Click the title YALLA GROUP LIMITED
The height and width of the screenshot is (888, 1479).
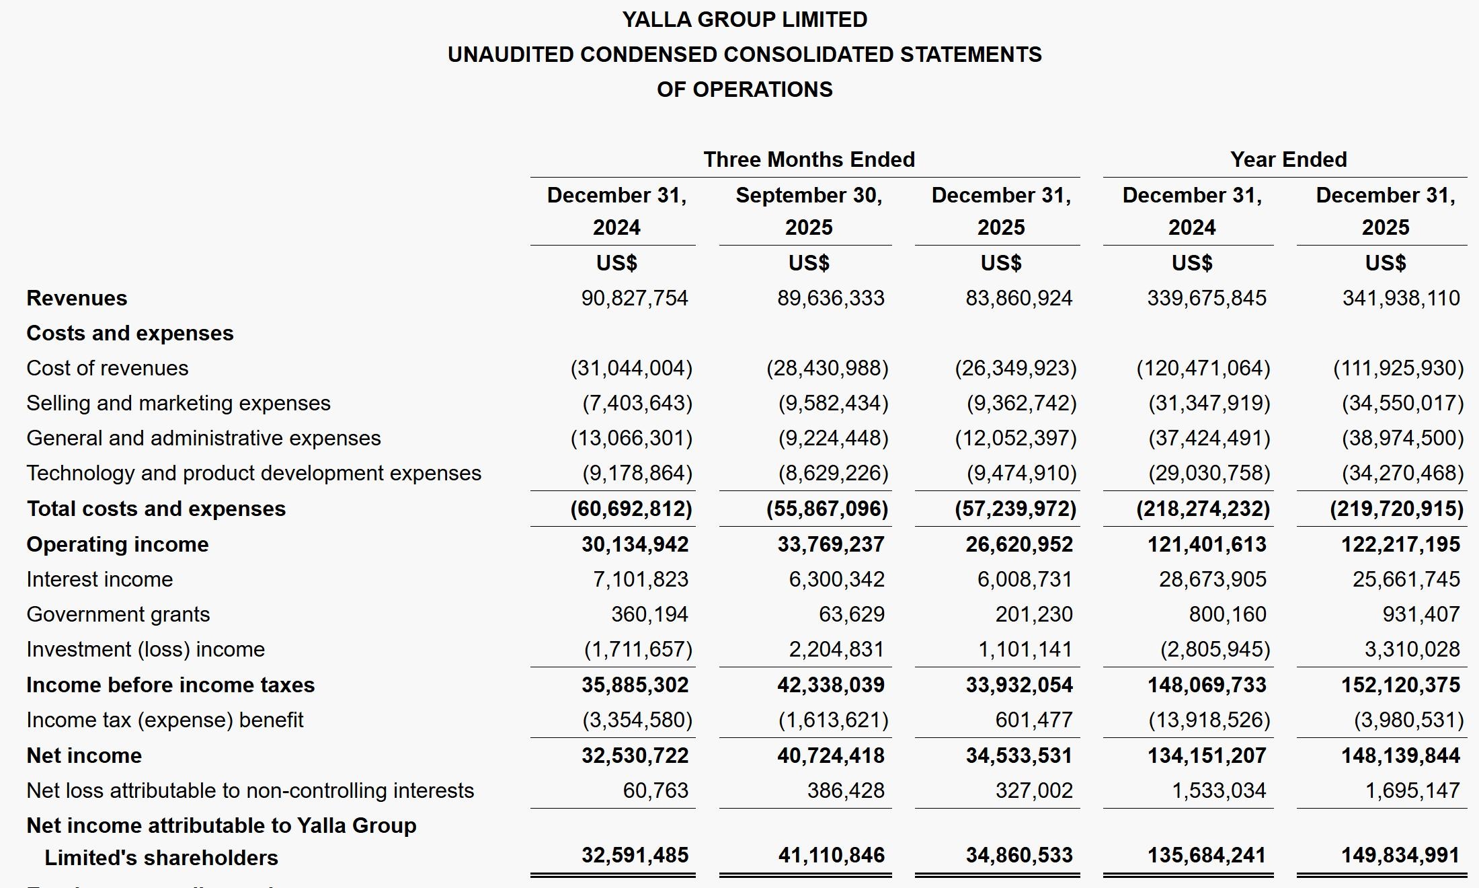coord(744,20)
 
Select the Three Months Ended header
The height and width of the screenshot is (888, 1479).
coord(809,159)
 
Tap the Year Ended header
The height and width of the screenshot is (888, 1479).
coord(1288,159)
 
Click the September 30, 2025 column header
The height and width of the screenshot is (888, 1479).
coord(809,211)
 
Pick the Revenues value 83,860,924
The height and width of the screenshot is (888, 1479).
coord(1018,298)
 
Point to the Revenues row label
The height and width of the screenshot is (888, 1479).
coord(77,298)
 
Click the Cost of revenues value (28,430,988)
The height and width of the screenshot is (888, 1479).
coord(827,368)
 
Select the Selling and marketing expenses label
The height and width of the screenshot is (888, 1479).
coord(178,403)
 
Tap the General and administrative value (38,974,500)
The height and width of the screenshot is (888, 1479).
coord(1402,438)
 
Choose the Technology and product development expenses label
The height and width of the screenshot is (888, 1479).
coord(253,473)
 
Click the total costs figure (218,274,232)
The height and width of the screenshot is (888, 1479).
coord(1203,509)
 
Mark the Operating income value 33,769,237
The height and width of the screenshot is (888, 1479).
coord(831,544)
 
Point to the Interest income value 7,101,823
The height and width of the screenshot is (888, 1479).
coord(640,579)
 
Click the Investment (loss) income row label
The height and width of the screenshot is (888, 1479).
coord(145,649)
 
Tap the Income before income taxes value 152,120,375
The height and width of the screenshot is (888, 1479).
coord(1400,685)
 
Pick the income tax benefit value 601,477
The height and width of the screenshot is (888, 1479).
coord(1034,720)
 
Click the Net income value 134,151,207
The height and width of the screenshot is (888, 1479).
coord(1207,755)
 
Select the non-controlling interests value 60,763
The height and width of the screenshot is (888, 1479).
coord(655,790)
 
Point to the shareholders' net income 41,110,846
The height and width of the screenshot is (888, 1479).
coord(831,855)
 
